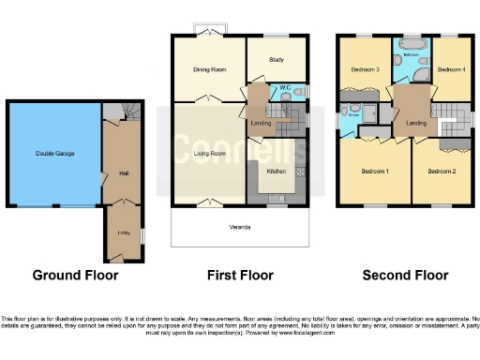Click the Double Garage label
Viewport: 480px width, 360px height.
pos(55,153)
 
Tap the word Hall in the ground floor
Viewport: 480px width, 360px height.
pos(123,172)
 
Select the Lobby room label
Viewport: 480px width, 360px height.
pos(123,232)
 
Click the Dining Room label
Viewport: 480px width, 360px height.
pos(210,69)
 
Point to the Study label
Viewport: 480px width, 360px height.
pos(276,60)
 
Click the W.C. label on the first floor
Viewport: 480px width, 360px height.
pos(285,89)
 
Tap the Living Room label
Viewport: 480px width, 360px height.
pos(209,153)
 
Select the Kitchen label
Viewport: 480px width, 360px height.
pos(276,172)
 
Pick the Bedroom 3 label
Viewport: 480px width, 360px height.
pos(365,69)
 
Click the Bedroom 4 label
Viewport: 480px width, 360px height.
pos(451,69)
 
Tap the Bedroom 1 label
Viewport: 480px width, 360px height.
pos(375,172)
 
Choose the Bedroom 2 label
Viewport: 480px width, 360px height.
pos(441,172)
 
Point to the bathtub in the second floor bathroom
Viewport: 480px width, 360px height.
pos(412,45)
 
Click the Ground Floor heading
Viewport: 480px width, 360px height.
pos(75,276)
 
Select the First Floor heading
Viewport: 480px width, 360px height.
pos(240,276)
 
